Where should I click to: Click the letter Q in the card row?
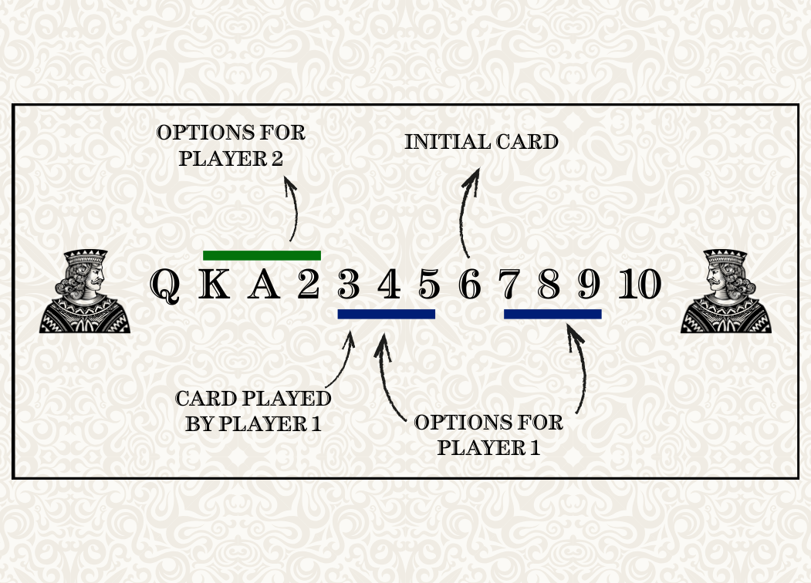(x=165, y=286)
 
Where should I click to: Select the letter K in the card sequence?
(x=215, y=285)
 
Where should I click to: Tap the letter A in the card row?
(x=264, y=285)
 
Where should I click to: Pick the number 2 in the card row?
(x=309, y=285)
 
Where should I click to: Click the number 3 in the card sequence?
(x=349, y=285)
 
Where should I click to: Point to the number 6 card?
(x=470, y=285)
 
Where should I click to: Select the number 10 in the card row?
(x=640, y=285)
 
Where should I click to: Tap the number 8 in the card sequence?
(x=549, y=285)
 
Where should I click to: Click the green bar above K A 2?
(x=262, y=255)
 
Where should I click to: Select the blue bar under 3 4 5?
(x=387, y=314)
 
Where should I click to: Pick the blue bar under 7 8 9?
(x=552, y=314)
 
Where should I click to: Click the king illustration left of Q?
(x=85, y=291)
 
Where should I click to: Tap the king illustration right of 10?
(x=725, y=291)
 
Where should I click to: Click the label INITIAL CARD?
(x=481, y=142)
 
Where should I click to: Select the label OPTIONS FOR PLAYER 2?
(x=231, y=145)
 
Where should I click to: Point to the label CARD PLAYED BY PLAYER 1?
(x=253, y=411)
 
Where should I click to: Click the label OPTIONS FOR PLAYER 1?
(x=488, y=435)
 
